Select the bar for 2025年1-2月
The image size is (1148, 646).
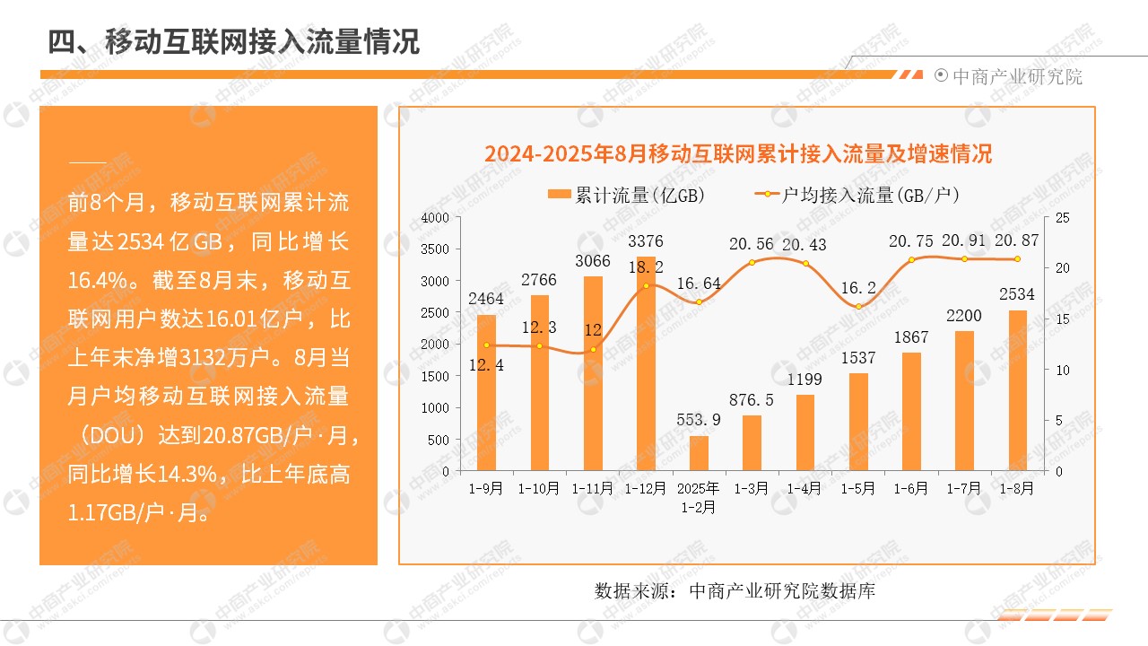click(x=699, y=453)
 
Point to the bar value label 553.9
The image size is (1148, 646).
click(x=699, y=420)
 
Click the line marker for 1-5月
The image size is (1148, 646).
click(x=858, y=307)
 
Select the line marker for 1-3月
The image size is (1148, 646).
click(x=752, y=262)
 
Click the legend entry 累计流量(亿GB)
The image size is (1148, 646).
click(x=625, y=195)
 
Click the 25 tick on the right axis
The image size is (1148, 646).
click(x=1062, y=218)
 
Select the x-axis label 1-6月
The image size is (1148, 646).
click(x=911, y=489)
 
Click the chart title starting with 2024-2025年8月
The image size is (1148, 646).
click(x=738, y=153)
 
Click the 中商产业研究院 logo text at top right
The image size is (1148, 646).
click(x=1017, y=77)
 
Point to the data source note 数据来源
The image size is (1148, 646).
click(x=735, y=591)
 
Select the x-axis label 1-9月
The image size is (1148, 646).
click(x=486, y=489)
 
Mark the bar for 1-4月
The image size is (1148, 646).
click(x=805, y=432)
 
